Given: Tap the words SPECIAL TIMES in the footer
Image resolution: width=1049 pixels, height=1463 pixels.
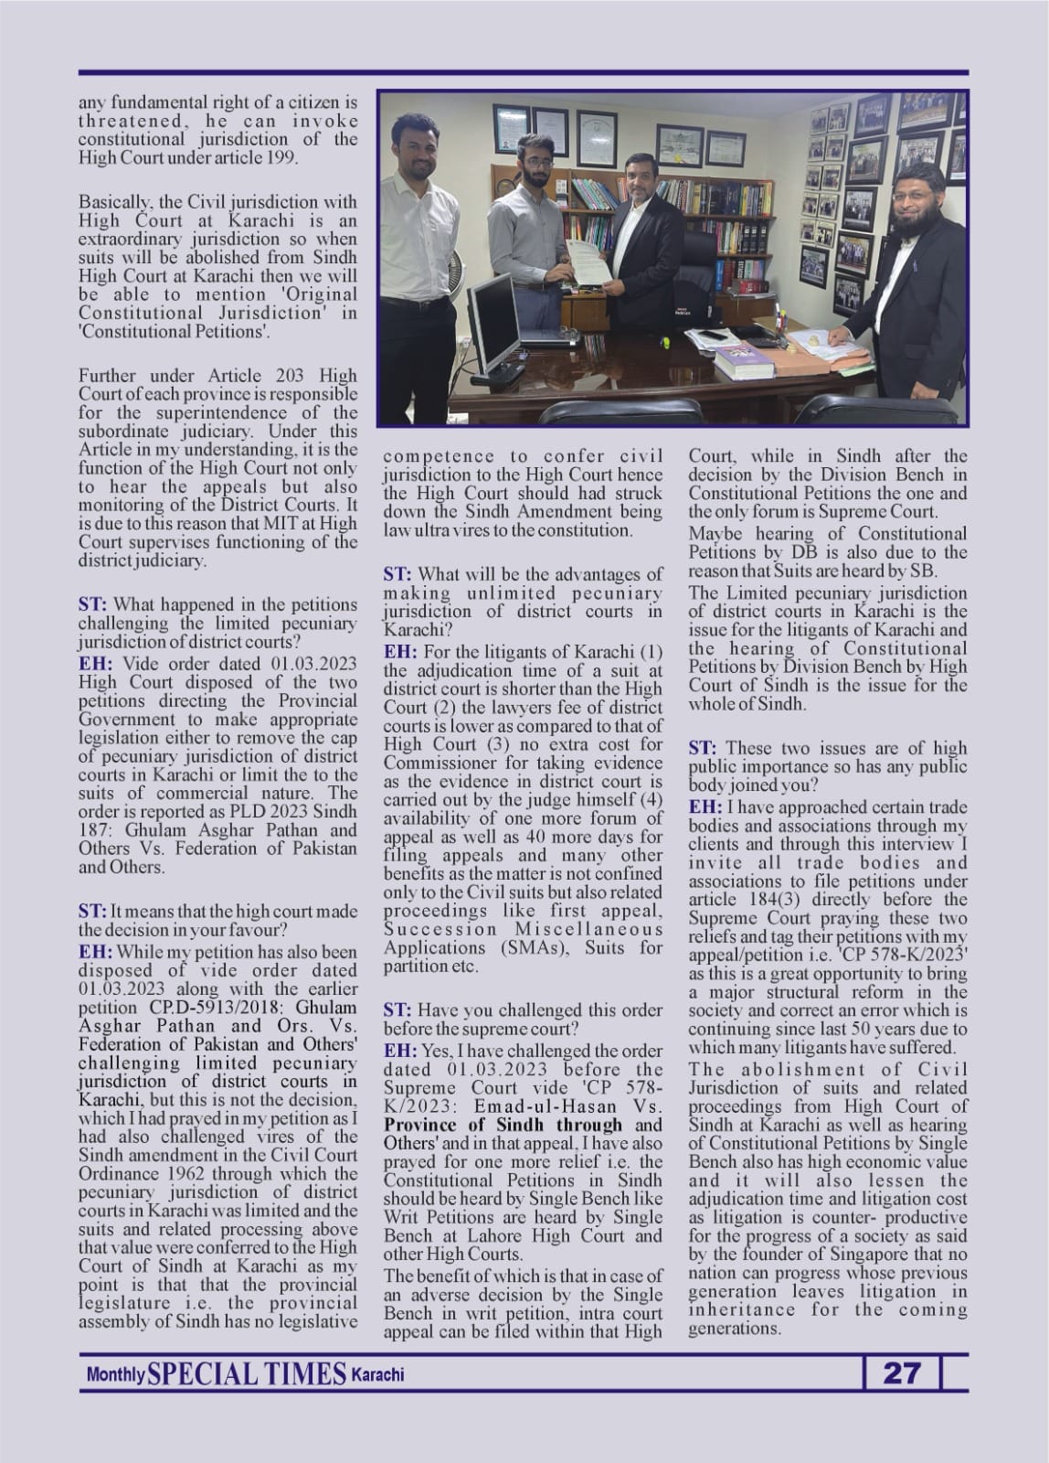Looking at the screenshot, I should (x=247, y=1373).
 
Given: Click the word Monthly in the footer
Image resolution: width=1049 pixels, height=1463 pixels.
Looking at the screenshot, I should (x=115, y=1375).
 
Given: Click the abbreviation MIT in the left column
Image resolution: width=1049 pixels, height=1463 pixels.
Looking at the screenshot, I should (x=283, y=523).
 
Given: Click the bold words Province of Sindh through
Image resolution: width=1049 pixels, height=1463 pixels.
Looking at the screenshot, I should (x=503, y=1125).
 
